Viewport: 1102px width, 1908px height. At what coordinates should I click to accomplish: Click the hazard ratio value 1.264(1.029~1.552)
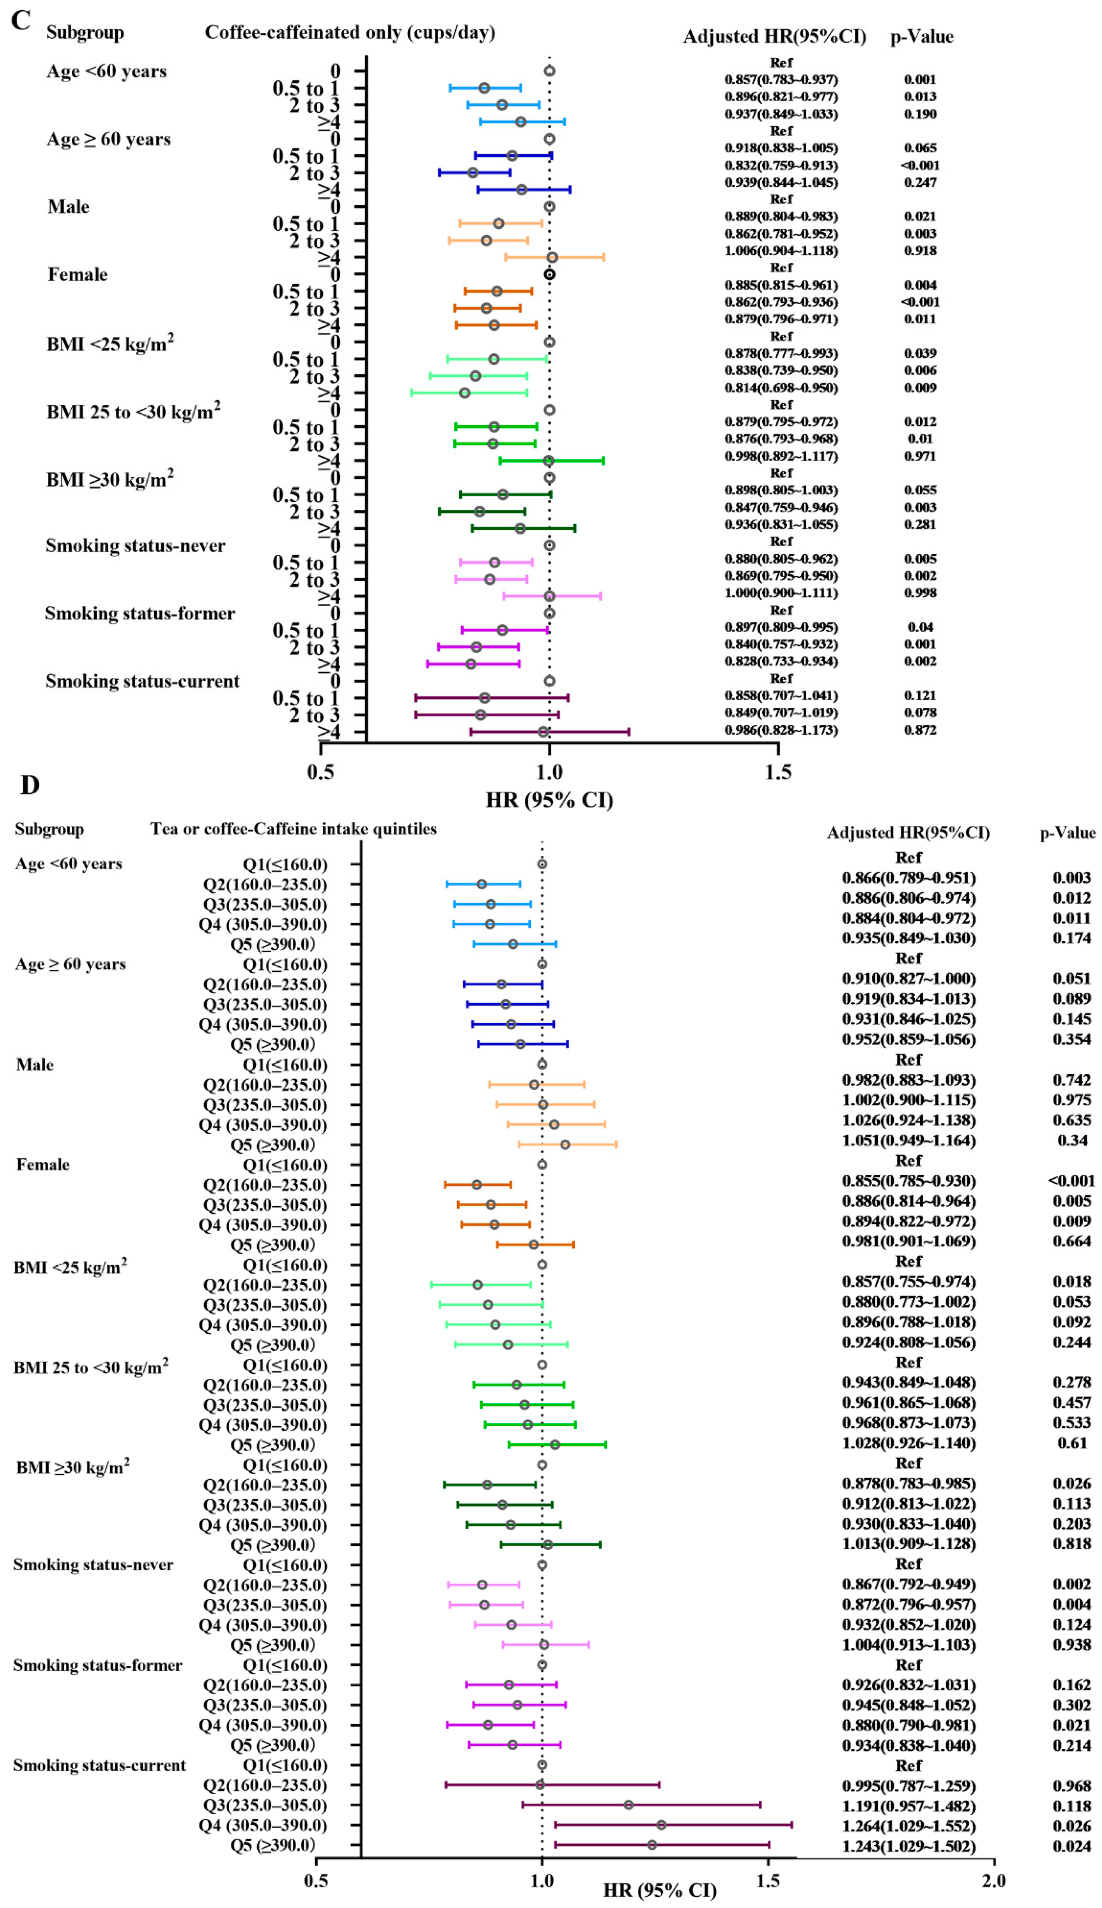click(x=908, y=1825)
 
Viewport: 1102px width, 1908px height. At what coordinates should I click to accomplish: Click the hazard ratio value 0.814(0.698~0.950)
click(x=781, y=388)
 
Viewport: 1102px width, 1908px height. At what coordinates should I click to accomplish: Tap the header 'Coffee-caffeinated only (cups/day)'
click(x=350, y=33)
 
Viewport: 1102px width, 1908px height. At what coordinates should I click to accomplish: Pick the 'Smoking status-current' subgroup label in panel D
click(x=99, y=1765)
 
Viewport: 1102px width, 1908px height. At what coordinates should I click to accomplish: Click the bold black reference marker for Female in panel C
click(x=550, y=275)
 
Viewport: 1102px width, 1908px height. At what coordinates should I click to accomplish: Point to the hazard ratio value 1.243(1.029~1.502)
click(x=908, y=1846)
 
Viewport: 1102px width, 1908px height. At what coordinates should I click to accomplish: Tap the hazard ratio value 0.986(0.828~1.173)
click(x=781, y=730)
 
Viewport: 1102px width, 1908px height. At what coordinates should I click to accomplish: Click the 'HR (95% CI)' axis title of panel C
click(x=550, y=800)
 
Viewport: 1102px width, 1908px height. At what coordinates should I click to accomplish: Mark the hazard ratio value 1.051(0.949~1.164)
click(x=908, y=1140)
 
